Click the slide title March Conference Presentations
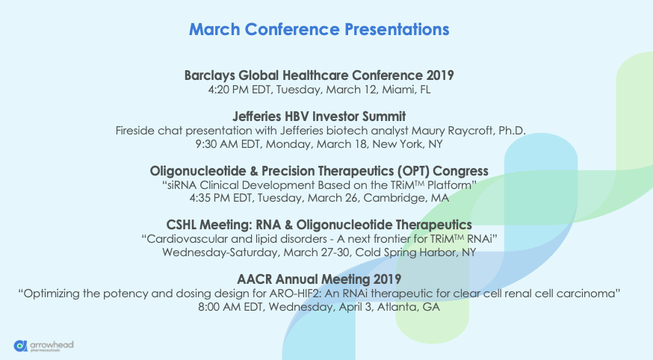click(x=319, y=30)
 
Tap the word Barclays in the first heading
click(x=209, y=75)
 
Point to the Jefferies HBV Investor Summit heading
click(x=319, y=116)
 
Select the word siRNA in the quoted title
click(x=181, y=185)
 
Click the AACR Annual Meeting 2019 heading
click(x=319, y=279)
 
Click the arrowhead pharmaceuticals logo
click(x=44, y=346)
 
